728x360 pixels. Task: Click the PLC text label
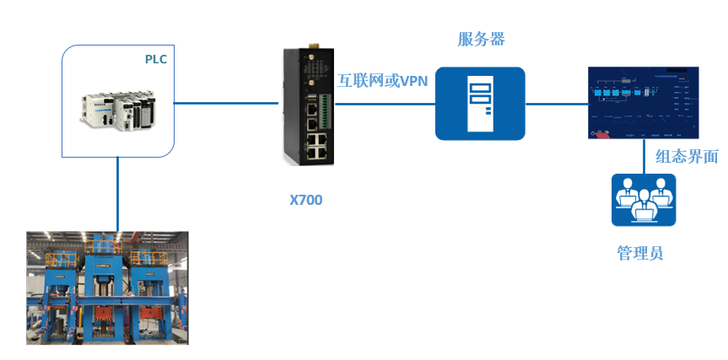[x=156, y=59]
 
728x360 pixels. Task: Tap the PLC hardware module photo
[x=119, y=108]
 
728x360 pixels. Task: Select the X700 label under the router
[x=305, y=200]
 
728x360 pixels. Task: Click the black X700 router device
[x=308, y=107]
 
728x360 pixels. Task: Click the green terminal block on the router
[x=324, y=115]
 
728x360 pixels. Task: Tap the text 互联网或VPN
[x=382, y=81]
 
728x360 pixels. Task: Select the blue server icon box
[x=480, y=104]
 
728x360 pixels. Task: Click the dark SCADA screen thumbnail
[x=644, y=102]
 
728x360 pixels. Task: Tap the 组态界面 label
[x=687, y=156]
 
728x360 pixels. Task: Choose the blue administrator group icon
[x=644, y=200]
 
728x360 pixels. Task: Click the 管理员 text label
[x=640, y=252]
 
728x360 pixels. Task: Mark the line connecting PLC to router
[x=228, y=104]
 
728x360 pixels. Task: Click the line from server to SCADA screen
[x=555, y=104]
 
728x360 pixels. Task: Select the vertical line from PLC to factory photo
[x=118, y=194]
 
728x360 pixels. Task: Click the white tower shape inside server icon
[x=480, y=104]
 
